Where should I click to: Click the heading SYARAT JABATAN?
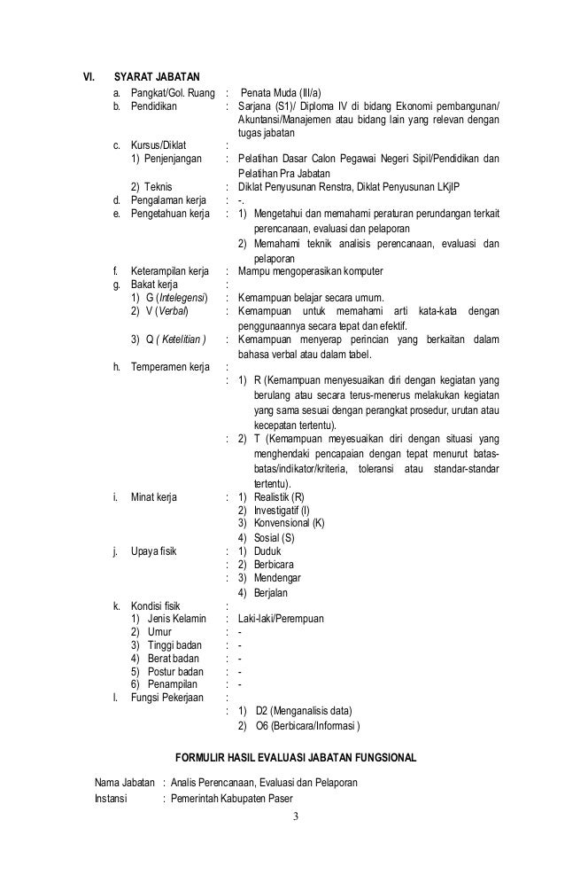(x=158, y=75)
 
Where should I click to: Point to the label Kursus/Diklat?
(x=160, y=146)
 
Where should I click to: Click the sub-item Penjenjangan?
(x=176, y=160)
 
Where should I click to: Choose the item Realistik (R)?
(x=279, y=496)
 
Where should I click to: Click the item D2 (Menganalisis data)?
(x=304, y=711)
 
